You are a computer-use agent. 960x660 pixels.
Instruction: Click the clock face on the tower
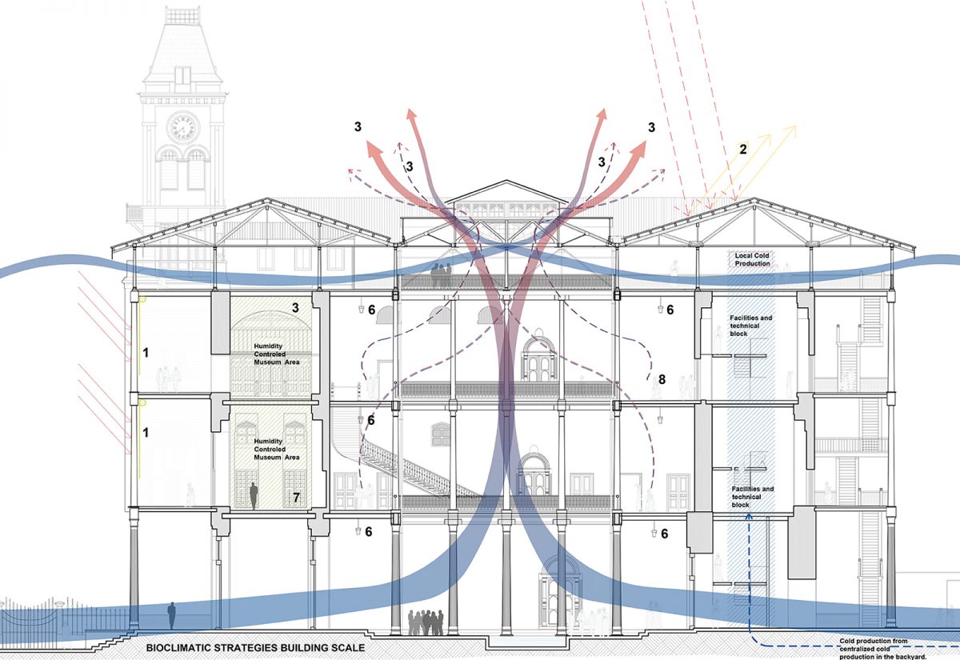tap(183, 127)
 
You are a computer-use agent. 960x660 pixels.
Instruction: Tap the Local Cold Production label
tap(752, 259)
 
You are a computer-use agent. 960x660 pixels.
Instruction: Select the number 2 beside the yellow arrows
tap(743, 149)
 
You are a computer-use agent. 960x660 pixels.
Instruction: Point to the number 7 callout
tap(296, 497)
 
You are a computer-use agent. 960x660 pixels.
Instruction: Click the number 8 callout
tap(662, 379)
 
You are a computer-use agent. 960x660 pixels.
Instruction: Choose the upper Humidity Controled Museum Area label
tap(277, 354)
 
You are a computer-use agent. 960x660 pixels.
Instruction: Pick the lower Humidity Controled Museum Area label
tap(277, 449)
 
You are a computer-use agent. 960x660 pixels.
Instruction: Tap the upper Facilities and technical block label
tap(751, 326)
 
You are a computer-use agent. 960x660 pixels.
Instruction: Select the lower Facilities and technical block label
tap(753, 497)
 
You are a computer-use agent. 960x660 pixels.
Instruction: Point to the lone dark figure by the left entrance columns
tap(172, 615)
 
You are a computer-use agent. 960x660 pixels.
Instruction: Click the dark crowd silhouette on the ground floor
tap(426, 622)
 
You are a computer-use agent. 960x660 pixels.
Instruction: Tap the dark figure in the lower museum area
tap(254, 496)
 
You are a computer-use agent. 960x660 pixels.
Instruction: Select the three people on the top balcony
tap(441, 274)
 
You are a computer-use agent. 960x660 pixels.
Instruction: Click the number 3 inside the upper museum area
tap(295, 307)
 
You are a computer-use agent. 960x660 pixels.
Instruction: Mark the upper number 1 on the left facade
tap(146, 353)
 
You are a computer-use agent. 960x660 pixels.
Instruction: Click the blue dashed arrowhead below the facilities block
tap(749, 517)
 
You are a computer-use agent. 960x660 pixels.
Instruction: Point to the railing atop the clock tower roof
tap(182, 15)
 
